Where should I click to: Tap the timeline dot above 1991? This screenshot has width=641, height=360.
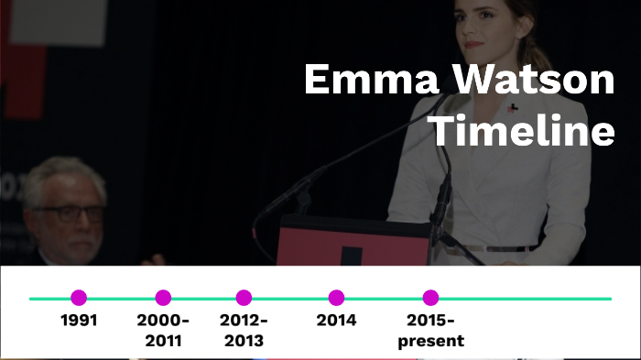pyautogui.click(x=79, y=298)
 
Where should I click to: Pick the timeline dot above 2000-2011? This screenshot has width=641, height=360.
pyautogui.click(x=163, y=298)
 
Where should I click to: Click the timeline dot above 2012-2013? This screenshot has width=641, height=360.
pyautogui.click(x=244, y=298)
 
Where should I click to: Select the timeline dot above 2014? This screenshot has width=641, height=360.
pyautogui.click(x=336, y=298)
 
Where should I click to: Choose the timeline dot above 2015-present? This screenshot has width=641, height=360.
pyautogui.click(x=430, y=298)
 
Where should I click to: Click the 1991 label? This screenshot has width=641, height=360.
pyautogui.click(x=79, y=321)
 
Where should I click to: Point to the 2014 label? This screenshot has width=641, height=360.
pyautogui.click(x=336, y=321)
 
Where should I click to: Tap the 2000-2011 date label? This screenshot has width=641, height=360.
pyautogui.click(x=163, y=331)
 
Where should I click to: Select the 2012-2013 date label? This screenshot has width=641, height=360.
pyautogui.click(x=244, y=331)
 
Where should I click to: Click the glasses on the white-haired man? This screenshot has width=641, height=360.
pyautogui.click(x=70, y=213)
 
